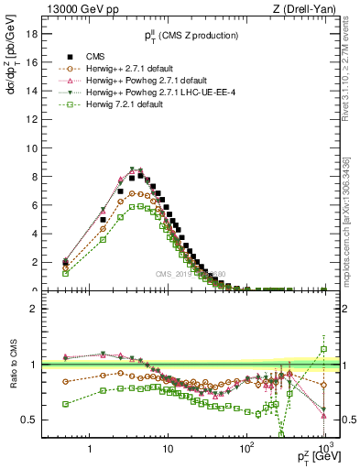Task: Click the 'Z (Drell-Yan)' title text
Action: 308,9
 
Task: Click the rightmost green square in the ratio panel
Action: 323,349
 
